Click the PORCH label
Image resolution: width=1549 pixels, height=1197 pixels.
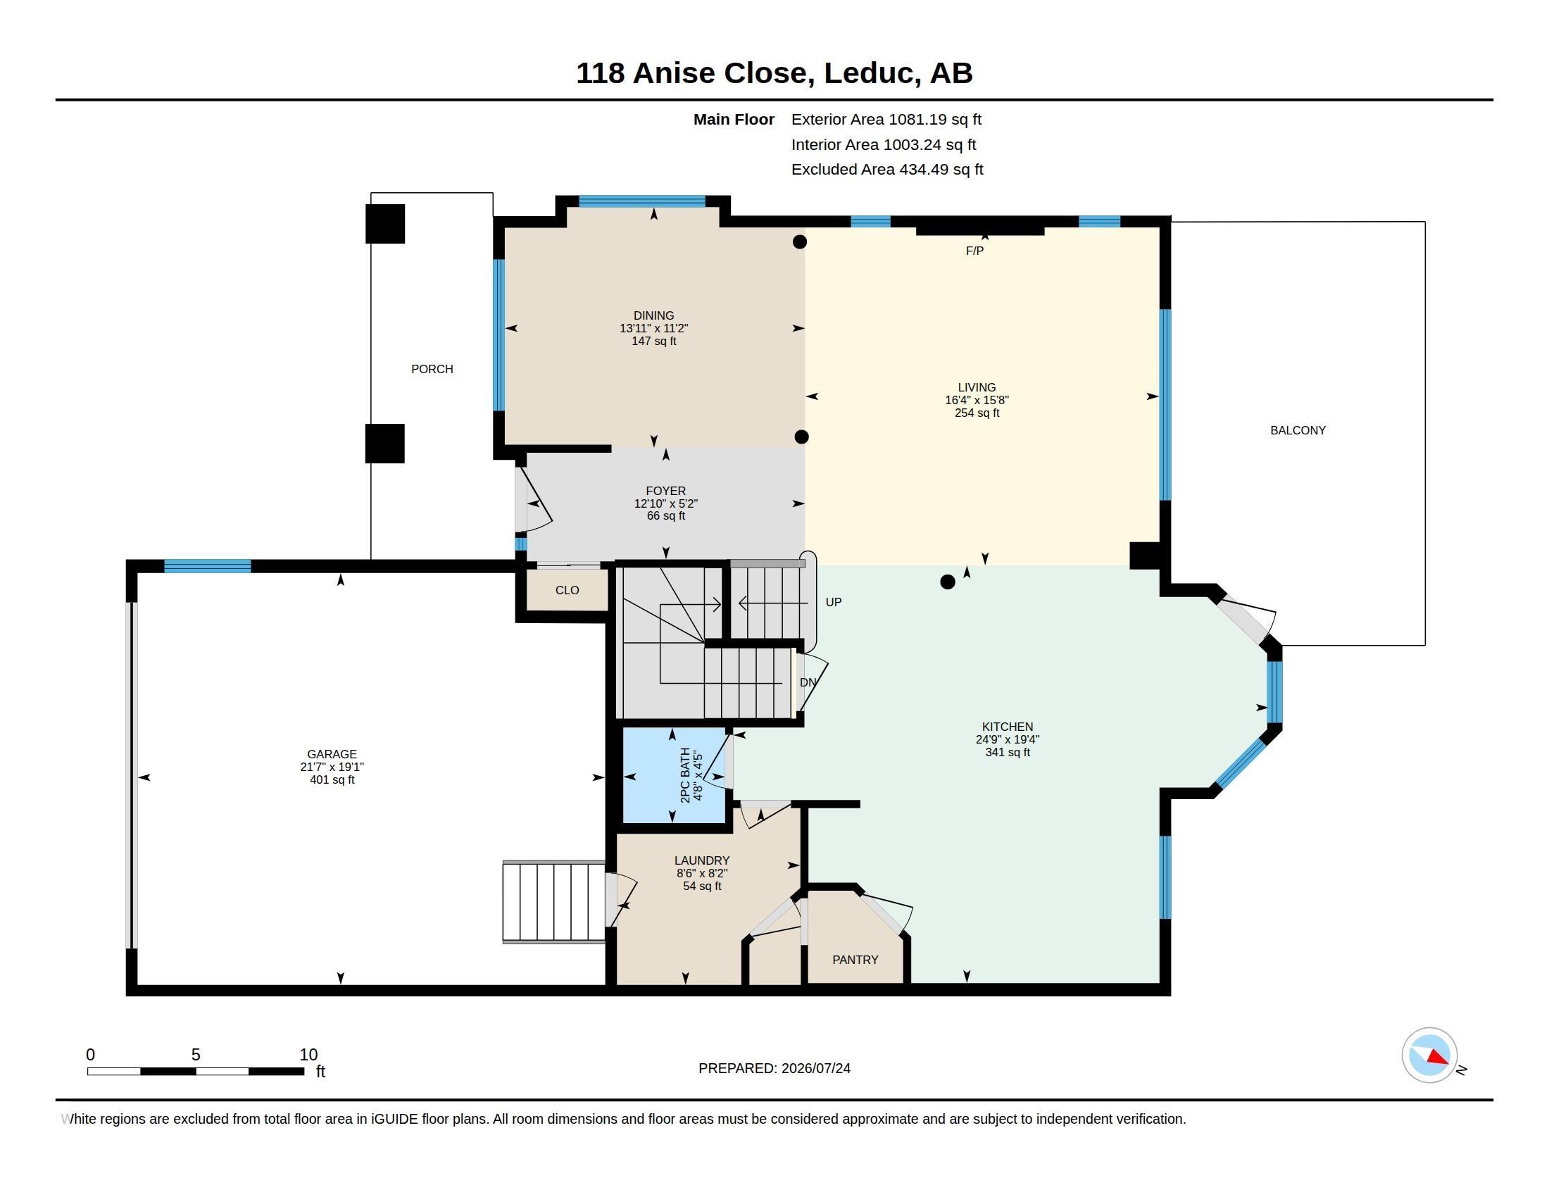click(432, 369)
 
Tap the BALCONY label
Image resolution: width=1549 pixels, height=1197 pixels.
click(1298, 430)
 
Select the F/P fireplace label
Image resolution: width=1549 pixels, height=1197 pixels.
click(974, 251)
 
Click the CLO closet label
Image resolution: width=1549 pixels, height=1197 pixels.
click(567, 590)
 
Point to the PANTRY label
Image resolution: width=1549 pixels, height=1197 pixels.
click(855, 960)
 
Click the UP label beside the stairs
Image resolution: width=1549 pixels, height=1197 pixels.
click(834, 602)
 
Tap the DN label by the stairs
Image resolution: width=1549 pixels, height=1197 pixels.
click(808, 682)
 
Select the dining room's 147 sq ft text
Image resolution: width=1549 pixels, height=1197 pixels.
click(654, 341)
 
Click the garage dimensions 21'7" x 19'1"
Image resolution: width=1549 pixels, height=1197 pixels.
click(332, 767)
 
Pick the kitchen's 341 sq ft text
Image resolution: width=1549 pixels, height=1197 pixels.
click(1007, 753)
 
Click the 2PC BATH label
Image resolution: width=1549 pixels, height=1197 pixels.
click(685, 775)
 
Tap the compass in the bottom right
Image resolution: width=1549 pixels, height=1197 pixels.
click(1429, 1055)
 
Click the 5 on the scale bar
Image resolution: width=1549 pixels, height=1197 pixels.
click(196, 1055)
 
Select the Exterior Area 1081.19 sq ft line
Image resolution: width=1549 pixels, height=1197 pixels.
click(886, 120)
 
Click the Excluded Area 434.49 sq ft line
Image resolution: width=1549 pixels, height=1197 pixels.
click(887, 170)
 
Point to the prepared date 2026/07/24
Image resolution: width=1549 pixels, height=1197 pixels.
click(815, 1068)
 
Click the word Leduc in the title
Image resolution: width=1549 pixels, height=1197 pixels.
click(868, 73)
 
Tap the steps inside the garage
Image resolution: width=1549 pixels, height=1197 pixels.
click(554, 902)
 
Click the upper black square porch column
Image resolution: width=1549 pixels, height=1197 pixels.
click(385, 224)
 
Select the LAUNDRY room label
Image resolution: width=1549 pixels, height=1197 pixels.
click(702, 861)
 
